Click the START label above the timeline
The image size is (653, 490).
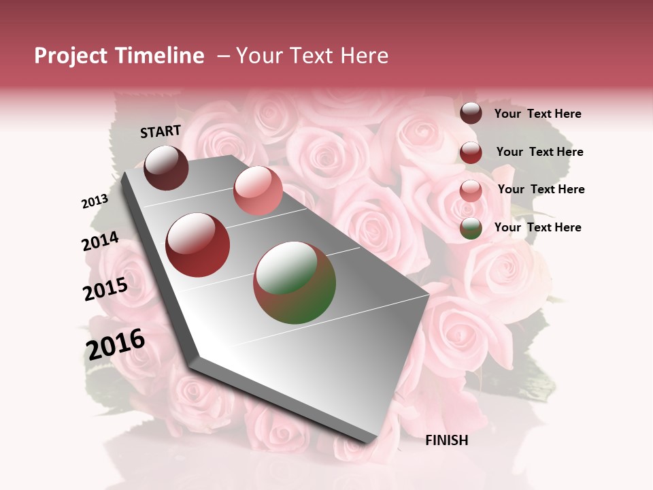(x=161, y=131)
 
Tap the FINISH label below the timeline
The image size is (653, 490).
(x=446, y=440)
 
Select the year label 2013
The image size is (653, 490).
(x=95, y=201)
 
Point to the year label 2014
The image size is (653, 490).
(x=100, y=241)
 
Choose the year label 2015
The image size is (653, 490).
(x=105, y=289)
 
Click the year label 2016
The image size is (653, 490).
(x=116, y=344)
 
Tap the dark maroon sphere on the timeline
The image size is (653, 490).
(x=166, y=167)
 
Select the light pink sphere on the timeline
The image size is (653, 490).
(x=258, y=190)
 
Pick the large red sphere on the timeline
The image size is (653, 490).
(x=198, y=245)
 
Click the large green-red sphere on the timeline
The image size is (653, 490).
(x=295, y=282)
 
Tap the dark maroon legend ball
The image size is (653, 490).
(x=471, y=114)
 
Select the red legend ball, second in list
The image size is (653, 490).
(x=471, y=152)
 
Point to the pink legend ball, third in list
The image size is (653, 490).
(x=471, y=191)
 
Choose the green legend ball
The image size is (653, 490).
(x=471, y=229)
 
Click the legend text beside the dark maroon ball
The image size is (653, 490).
(x=537, y=114)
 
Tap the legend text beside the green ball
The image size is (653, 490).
(x=537, y=227)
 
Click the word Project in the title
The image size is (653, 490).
(x=71, y=56)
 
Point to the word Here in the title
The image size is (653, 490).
(x=364, y=56)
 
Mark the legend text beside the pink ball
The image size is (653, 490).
(x=541, y=189)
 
